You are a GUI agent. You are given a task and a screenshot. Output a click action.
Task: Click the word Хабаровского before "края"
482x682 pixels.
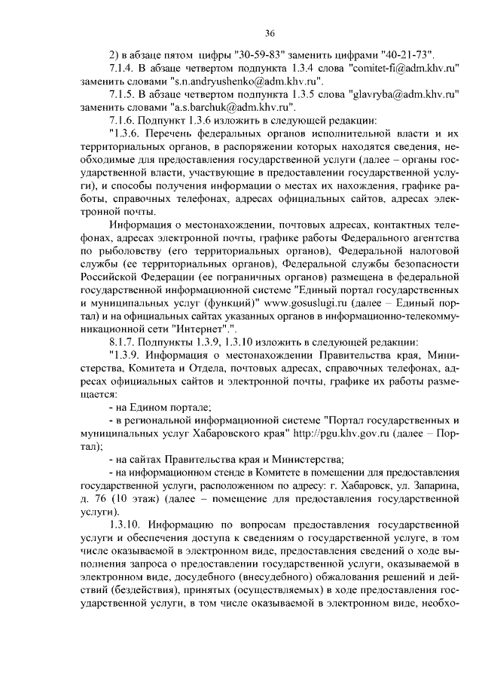pos(230,435)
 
